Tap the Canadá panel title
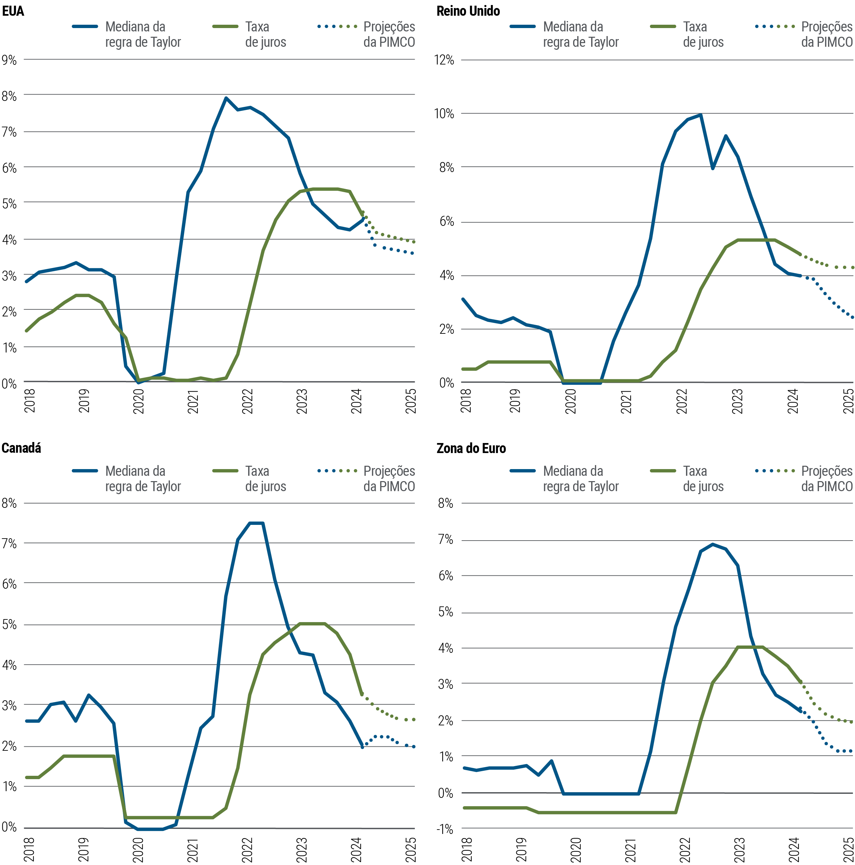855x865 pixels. coord(21,448)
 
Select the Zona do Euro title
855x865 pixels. coord(471,448)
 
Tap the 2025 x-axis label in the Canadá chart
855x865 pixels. coord(410,849)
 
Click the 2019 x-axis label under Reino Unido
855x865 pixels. coord(515,401)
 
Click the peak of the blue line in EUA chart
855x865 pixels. coord(226,98)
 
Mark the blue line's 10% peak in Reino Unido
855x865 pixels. coord(701,115)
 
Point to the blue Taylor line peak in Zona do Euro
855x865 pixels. coord(713,545)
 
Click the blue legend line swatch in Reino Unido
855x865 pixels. coord(522,26)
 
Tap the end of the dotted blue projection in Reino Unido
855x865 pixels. coord(853,318)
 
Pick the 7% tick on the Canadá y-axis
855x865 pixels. coord(9,544)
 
